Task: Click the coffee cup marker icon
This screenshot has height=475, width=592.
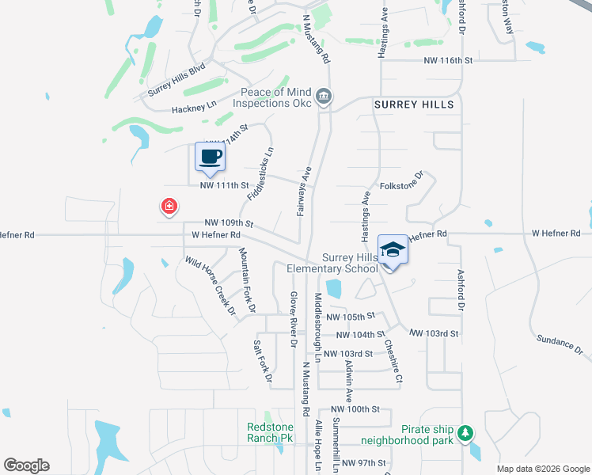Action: [x=210, y=156]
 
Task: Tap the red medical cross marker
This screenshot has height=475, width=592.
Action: [x=169, y=207]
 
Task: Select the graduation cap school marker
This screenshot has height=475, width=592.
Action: [x=393, y=250]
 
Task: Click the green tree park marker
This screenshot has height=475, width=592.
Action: [x=467, y=433]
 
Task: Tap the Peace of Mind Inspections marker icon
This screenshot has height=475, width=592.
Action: [x=324, y=97]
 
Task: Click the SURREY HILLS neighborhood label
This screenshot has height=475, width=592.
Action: [x=414, y=104]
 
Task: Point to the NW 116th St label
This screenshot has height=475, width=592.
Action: [x=448, y=60]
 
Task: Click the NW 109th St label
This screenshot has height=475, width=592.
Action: [x=229, y=224]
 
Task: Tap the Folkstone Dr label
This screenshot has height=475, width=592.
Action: [x=403, y=184]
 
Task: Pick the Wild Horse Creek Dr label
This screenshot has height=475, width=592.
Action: [x=211, y=285]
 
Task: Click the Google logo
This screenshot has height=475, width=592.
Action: [x=27, y=465]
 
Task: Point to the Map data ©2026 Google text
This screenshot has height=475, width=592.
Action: [x=542, y=469]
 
